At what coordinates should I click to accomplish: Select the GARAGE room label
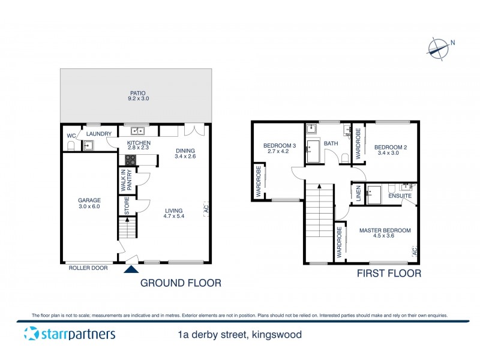[x=89, y=200]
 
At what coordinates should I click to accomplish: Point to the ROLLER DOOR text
[x=88, y=268]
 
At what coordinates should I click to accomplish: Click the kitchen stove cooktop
[x=130, y=160]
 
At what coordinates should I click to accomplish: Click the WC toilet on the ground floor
[x=71, y=145]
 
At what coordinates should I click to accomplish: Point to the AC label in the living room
[x=205, y=209]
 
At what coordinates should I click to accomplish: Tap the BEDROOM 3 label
[x=280, y=146]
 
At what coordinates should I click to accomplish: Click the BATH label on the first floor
[x=331, y=144]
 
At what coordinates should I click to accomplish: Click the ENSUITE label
[x=400, y=196]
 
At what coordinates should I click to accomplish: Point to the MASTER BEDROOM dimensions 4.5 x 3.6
[x=385, y=236]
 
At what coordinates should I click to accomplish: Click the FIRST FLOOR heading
[x=389, y=274]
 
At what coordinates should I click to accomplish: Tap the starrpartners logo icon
[x=29, y=334]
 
